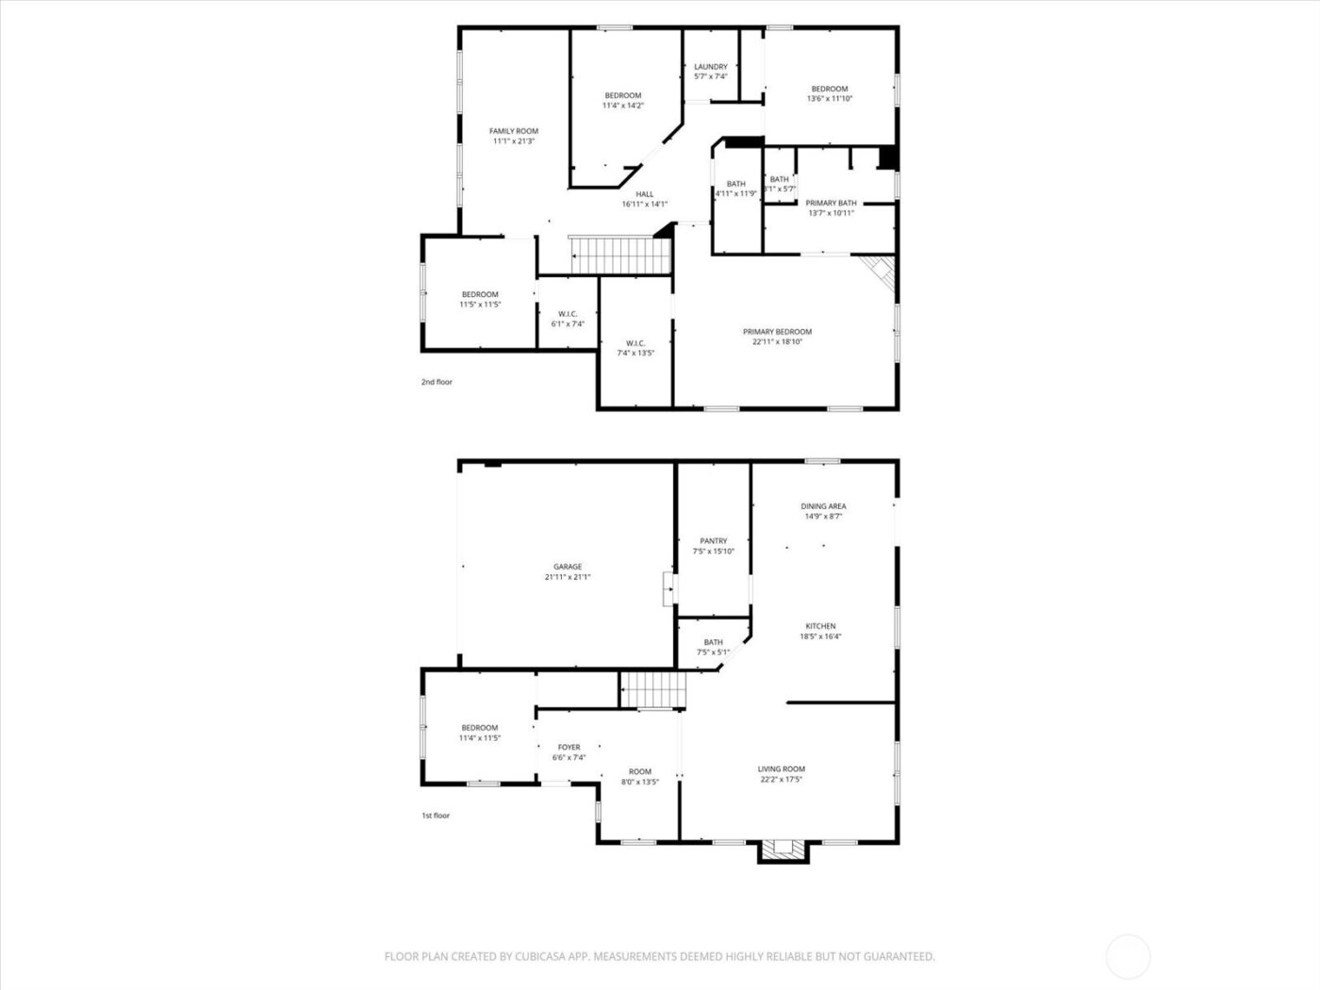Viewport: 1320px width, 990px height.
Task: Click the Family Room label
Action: [x=514, y=131]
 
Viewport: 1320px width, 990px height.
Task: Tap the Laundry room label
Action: [x=710, y=67]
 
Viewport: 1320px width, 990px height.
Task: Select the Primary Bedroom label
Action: [x=777, y=332]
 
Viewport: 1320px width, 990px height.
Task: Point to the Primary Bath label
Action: [x=831, y=203]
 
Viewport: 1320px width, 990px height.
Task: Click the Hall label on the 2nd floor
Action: [x=644, y=194]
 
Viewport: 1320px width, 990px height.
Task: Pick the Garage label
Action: [x=568, y=567]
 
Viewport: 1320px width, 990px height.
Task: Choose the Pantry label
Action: [x=714, y=541]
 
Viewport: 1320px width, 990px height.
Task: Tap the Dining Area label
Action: [x=823, y=506]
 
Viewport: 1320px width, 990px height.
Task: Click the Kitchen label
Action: [x=820, y=626]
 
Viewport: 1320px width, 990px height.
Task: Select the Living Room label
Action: [x=781, y=768]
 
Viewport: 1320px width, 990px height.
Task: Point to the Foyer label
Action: [x=569, y=747]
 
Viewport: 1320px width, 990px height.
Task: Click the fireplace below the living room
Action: [x=784, y=850]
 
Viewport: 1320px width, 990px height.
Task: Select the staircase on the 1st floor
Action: [x=652, y=689]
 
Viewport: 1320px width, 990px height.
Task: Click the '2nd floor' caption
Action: [x=437, y=382]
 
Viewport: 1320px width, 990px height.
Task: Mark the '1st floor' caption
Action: [x=436, y=815]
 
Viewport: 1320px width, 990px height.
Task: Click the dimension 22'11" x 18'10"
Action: [x=777, y=342]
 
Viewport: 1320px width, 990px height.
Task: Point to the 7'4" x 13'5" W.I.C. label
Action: [x=635, y=347]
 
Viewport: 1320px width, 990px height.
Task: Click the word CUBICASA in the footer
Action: [x=540, y=956]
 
